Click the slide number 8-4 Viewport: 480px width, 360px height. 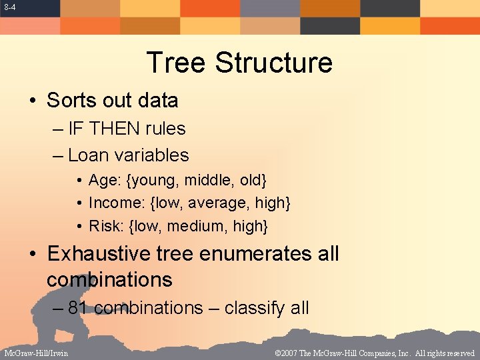(x=9, y=7)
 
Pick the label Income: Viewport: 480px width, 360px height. (x=111, y=203)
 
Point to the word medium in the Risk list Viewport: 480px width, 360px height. (x=196, y=226)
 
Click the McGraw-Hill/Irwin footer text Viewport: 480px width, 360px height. (x=36, y=353)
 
